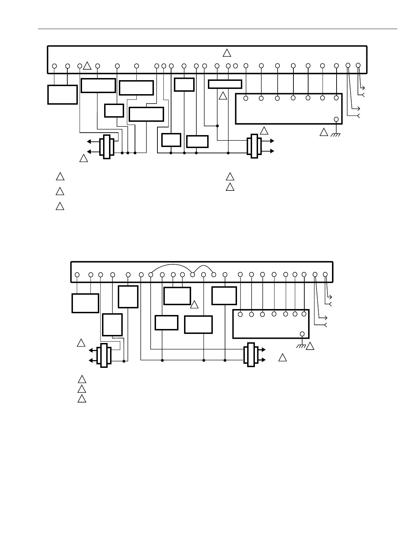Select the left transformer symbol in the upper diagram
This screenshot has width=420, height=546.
tap(107, 147)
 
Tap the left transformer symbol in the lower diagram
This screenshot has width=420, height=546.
tap(104, 355)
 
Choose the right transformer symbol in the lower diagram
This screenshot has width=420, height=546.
tap(251, 355)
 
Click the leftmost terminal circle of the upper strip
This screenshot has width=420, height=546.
tap(54, 66)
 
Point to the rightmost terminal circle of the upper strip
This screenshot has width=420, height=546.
tap(358, 65)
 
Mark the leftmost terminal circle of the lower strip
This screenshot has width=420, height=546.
tap(77, 275)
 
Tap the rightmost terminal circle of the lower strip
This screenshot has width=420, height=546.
tap(325, 275)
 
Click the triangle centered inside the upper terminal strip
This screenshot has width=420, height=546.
tap(227, 53)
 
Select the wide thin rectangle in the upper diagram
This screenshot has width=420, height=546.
tap(225, 84)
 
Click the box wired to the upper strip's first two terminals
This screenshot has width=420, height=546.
tap(62, 94)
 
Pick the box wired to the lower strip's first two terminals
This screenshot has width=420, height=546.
tap(85, 303)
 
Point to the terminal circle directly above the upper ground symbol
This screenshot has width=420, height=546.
tap(336, 119)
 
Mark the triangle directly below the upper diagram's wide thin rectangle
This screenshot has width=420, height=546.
tap(223, 96)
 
